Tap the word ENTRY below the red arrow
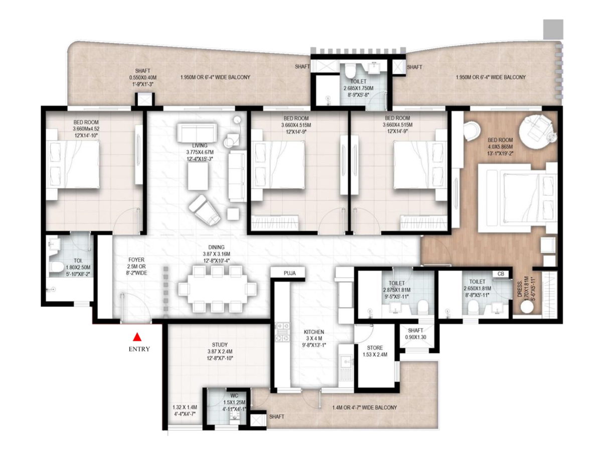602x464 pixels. tap(139, 349)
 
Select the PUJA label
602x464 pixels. tap(289, 273)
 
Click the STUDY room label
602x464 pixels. tap(220, 344)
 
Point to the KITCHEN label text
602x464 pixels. tap(314, 332)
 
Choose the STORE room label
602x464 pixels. tap(375, 347)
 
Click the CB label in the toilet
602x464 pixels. tap(501, 274)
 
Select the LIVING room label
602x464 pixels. tap(200, 145)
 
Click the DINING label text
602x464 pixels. tap(216, 247)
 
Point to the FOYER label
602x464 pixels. tap(136, 260)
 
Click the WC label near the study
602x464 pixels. tap(234, 396)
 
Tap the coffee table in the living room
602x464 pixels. tap(198, 176)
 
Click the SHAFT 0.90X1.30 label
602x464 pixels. tap(415, 334)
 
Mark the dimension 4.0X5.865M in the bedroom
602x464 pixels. tap(500, 147)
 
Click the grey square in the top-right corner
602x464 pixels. tap(553, 29)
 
